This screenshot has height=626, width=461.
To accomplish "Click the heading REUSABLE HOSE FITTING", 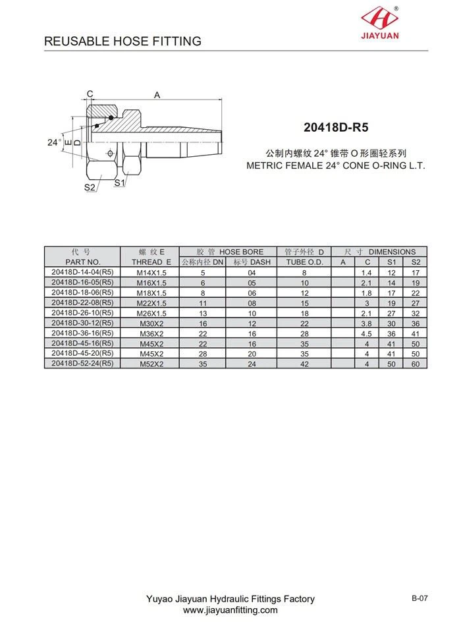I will tap(122, 42).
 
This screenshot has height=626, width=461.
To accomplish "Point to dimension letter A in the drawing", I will tap(157, 95).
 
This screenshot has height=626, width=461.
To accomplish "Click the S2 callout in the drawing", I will tap(90, 188).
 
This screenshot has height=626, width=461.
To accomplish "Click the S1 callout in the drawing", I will tap(119, 183).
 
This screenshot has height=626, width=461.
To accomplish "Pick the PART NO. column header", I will tap(82, 262).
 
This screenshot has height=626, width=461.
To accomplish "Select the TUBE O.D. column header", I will tap(304, 262).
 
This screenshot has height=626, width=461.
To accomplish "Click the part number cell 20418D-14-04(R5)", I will tap(82, 271).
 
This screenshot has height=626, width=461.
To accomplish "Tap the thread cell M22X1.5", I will tap(151, 302).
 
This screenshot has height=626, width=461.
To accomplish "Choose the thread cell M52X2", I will tap(151, 364).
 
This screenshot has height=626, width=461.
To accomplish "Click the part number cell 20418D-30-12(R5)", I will tap(82, 323).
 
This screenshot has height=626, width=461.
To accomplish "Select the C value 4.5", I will tap(367, 333).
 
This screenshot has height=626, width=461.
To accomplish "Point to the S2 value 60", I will tap(415, 364).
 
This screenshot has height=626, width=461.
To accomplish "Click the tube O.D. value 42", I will tap(304, 364).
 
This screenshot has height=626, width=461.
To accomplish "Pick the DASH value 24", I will tap(252, 364).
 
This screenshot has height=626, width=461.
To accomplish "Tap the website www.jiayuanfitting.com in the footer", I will tap(230, 610).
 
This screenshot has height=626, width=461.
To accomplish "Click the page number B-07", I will tap(420, 598).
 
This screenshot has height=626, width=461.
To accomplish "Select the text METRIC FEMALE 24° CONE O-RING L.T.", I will tap(336, 165).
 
